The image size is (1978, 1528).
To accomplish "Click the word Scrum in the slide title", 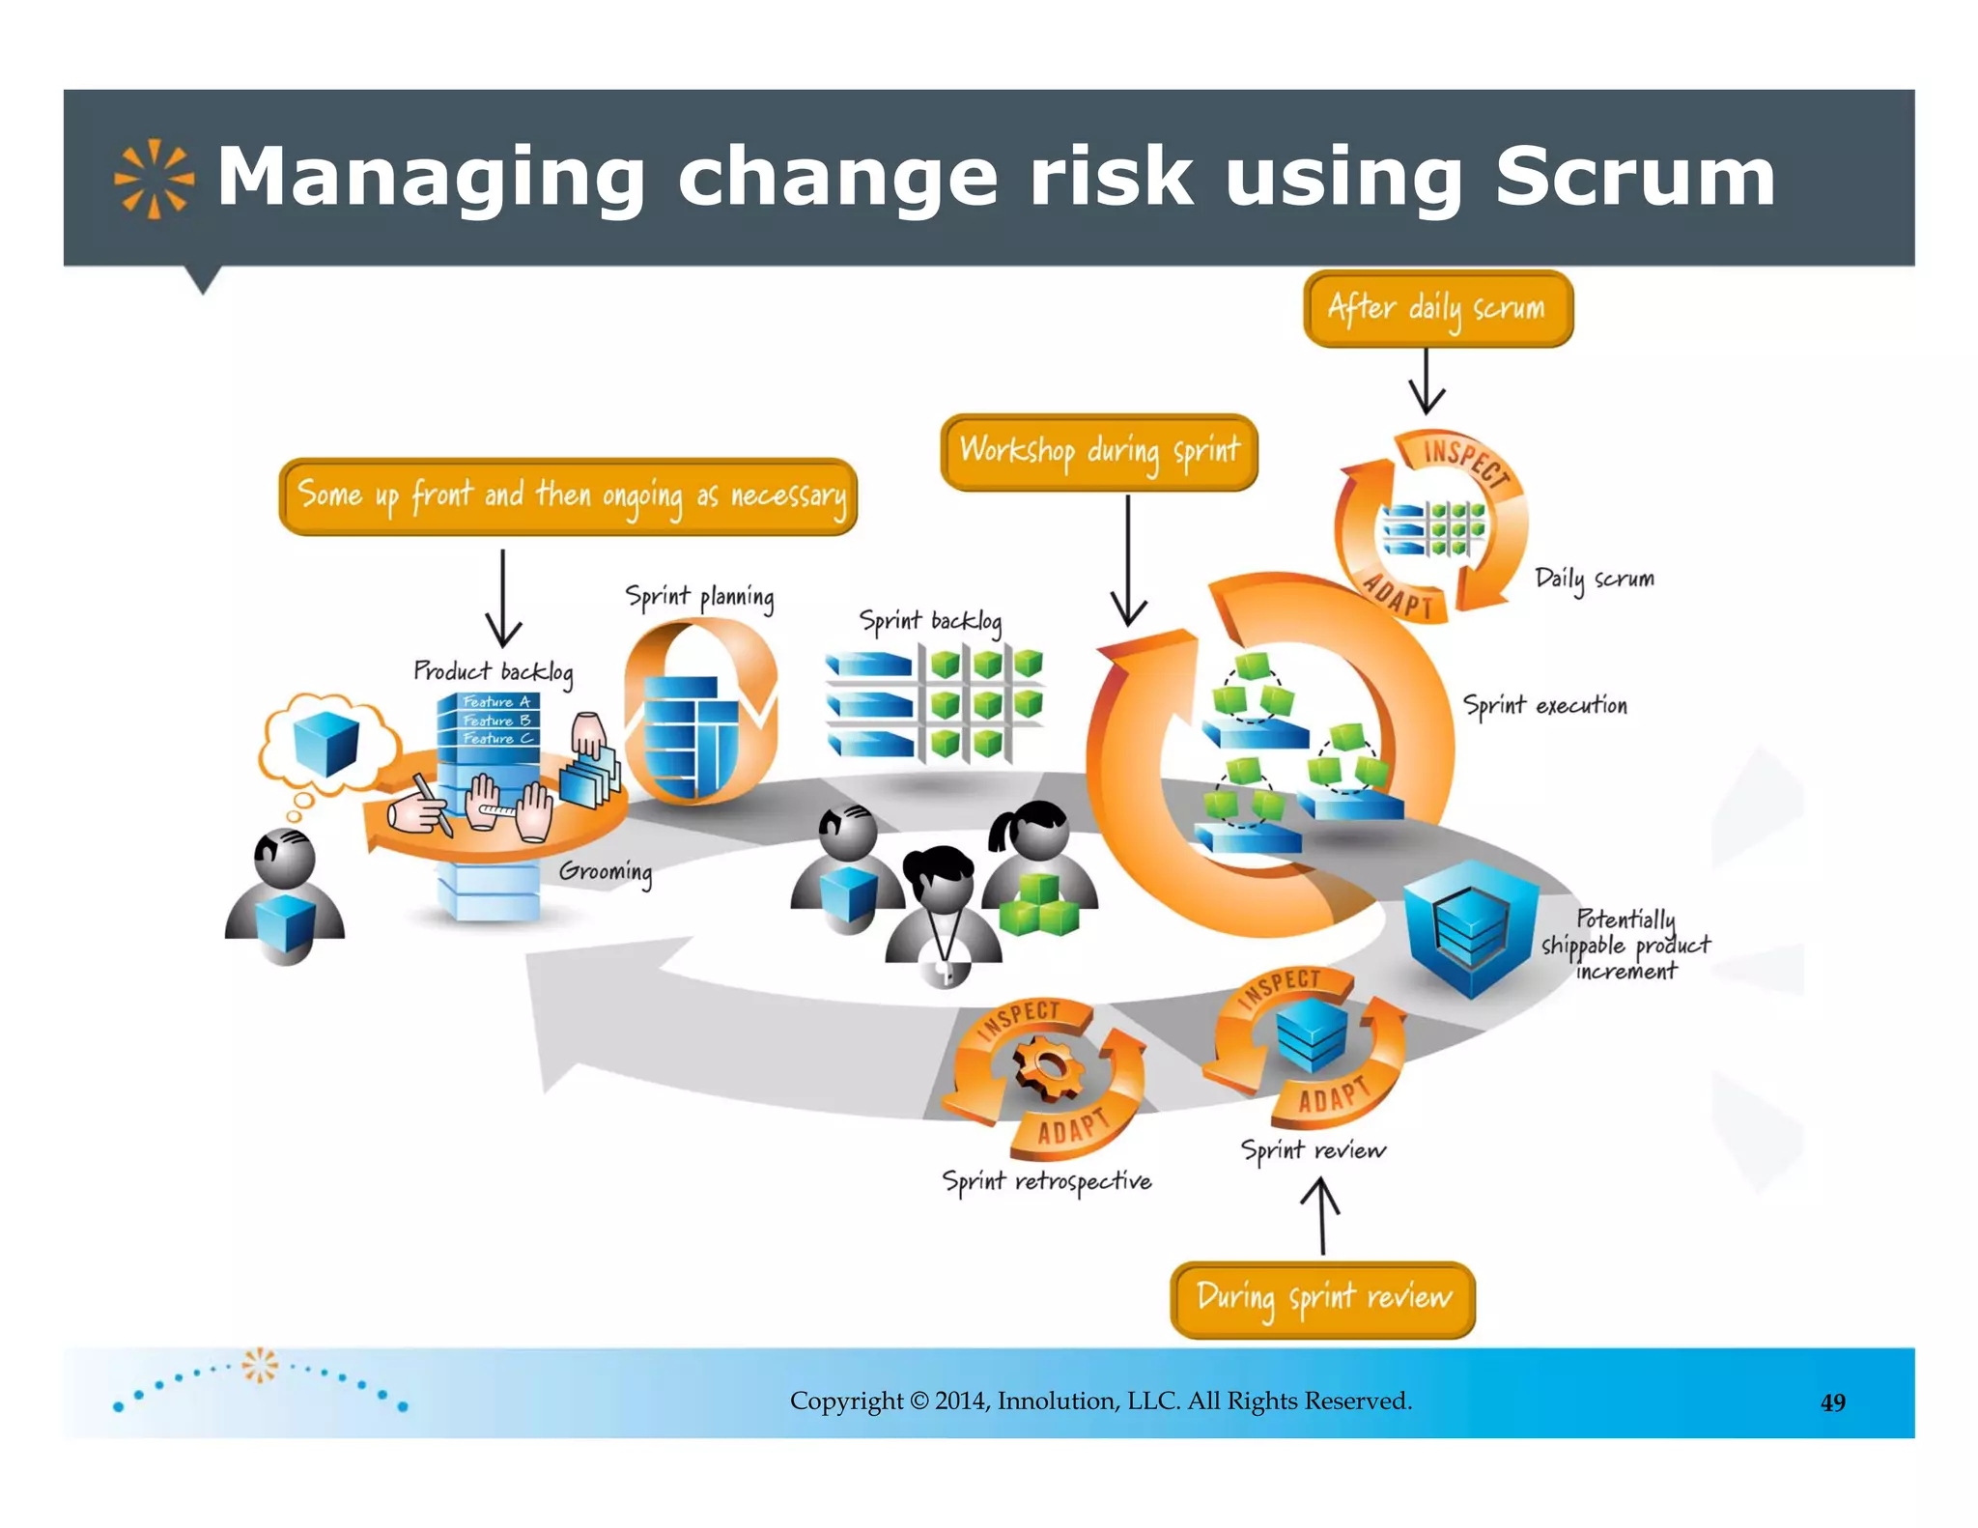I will click(1634, 177).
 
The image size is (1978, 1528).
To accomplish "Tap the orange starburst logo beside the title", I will click(154, 180).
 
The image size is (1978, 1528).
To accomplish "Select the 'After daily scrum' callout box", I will click(1437, 309).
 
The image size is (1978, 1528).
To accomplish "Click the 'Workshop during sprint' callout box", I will click(1099, 452).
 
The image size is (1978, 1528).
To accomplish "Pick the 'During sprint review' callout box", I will click(1322, 1298).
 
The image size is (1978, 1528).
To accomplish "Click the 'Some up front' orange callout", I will click(569, 496).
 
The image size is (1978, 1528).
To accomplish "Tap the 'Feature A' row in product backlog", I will click(494, 701).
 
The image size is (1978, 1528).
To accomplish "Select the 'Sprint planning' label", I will click(699, 597).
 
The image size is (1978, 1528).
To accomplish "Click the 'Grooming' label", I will click(606, 871).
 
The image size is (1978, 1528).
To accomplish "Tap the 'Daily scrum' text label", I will click(1595, 579).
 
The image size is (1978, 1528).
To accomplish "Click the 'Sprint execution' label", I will click(1544, 705).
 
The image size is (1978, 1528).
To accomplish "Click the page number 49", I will click(1832, 1402).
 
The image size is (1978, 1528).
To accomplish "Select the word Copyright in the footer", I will click(846, 1401).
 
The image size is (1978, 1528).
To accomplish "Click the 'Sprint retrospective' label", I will click(1047, 1181).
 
